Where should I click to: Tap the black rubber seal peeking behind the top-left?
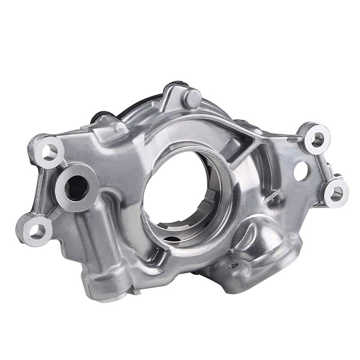[x=95, y=118]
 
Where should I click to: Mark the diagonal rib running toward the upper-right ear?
[x=270, y=135]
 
